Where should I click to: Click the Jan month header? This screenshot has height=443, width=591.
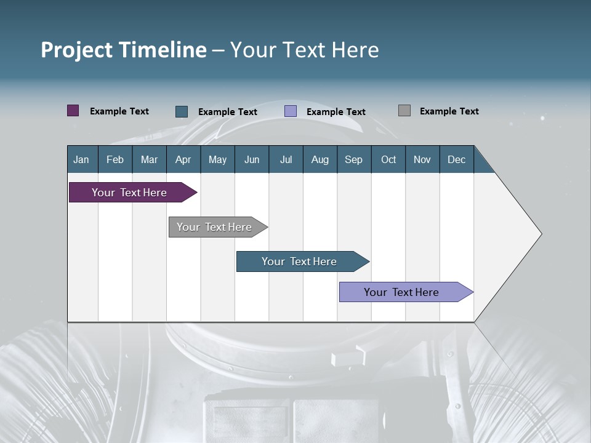[81, 159]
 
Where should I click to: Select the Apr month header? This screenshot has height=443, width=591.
[183, 159]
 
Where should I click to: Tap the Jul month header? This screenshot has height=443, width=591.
[286, 159]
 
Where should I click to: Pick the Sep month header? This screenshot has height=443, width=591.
[353, 159]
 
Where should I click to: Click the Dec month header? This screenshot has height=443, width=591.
[456, 159]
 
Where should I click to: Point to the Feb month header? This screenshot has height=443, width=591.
[115, 159]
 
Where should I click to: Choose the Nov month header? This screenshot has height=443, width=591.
[422, 159]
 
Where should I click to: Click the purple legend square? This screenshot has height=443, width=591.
[73, 111]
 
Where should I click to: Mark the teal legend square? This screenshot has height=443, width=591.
[182, 111]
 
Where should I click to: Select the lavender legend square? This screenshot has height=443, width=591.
[291, 111]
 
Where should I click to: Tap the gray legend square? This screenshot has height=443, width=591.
[404, 111]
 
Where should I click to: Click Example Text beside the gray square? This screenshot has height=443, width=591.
[449, 111]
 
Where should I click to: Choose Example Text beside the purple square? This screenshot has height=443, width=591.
[119, 111]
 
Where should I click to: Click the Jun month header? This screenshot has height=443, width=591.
[251, 159]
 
